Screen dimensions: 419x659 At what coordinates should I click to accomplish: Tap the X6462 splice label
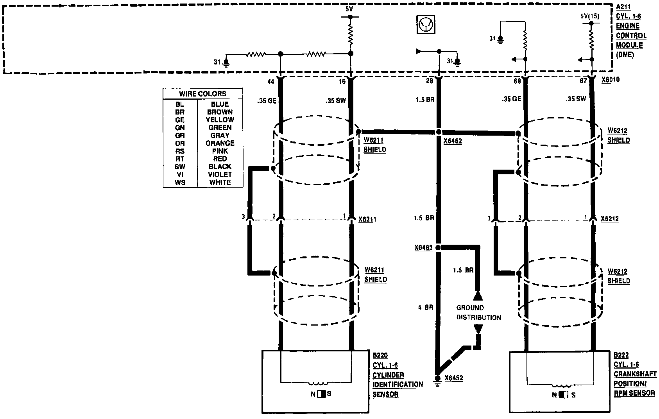453,141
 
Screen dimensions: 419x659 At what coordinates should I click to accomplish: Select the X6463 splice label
424,247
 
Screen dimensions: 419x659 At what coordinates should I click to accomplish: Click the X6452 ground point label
453,378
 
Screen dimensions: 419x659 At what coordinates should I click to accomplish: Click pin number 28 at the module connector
430,81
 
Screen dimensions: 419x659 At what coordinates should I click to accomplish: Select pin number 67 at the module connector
584,81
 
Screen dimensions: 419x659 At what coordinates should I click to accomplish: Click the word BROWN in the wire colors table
220,112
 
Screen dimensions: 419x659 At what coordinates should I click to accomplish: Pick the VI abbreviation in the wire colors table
180,175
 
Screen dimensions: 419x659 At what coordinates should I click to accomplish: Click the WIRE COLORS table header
202,94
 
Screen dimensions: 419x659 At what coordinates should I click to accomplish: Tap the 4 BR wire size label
426,308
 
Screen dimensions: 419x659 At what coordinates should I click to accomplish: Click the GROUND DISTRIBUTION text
478,312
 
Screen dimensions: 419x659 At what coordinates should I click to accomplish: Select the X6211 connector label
367,219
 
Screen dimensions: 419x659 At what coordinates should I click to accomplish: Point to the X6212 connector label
610,219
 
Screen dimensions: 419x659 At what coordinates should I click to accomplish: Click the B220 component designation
380,356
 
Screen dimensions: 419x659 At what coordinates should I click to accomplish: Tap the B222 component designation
621,355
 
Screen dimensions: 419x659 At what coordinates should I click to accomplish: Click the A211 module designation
624,7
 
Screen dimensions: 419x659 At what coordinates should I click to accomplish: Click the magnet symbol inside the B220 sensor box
321,394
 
